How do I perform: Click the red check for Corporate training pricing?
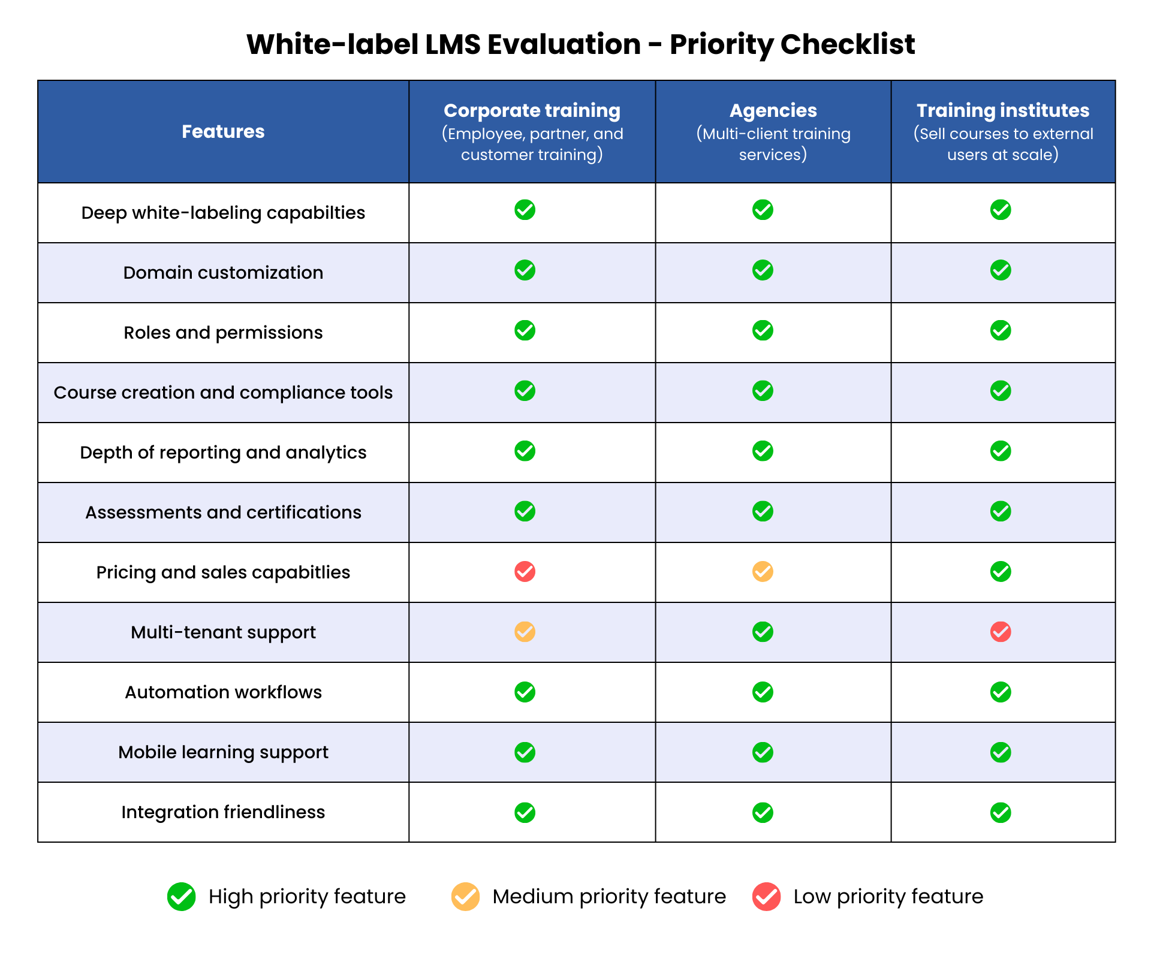tap(525, 572)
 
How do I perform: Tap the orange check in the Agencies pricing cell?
tap(763, 572)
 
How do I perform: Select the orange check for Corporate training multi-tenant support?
tap(525, 632)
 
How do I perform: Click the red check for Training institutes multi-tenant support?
tap(1001, 632)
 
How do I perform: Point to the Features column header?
tap(223, 131)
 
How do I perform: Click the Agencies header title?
tap(773, 110)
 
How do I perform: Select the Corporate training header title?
tap(532, 110)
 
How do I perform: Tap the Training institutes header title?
tap(1003, 110)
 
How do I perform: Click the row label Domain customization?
tap(223, 273)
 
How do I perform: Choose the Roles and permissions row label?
tap(223, 333)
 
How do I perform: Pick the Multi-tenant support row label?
tap(223, 632)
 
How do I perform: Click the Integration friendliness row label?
tap(223, 812)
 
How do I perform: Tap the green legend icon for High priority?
tap(181, 897)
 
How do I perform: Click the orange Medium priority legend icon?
tap(465, 897)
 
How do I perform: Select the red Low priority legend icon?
tap(766, 897)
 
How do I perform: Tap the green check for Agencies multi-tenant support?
tap(763, 632)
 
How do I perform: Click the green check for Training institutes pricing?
tap(1001, 572)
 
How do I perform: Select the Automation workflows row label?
tap(223, 692)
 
